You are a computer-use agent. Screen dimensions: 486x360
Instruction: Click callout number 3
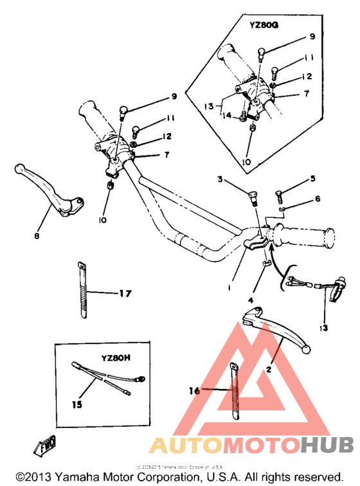pos(220,181)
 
